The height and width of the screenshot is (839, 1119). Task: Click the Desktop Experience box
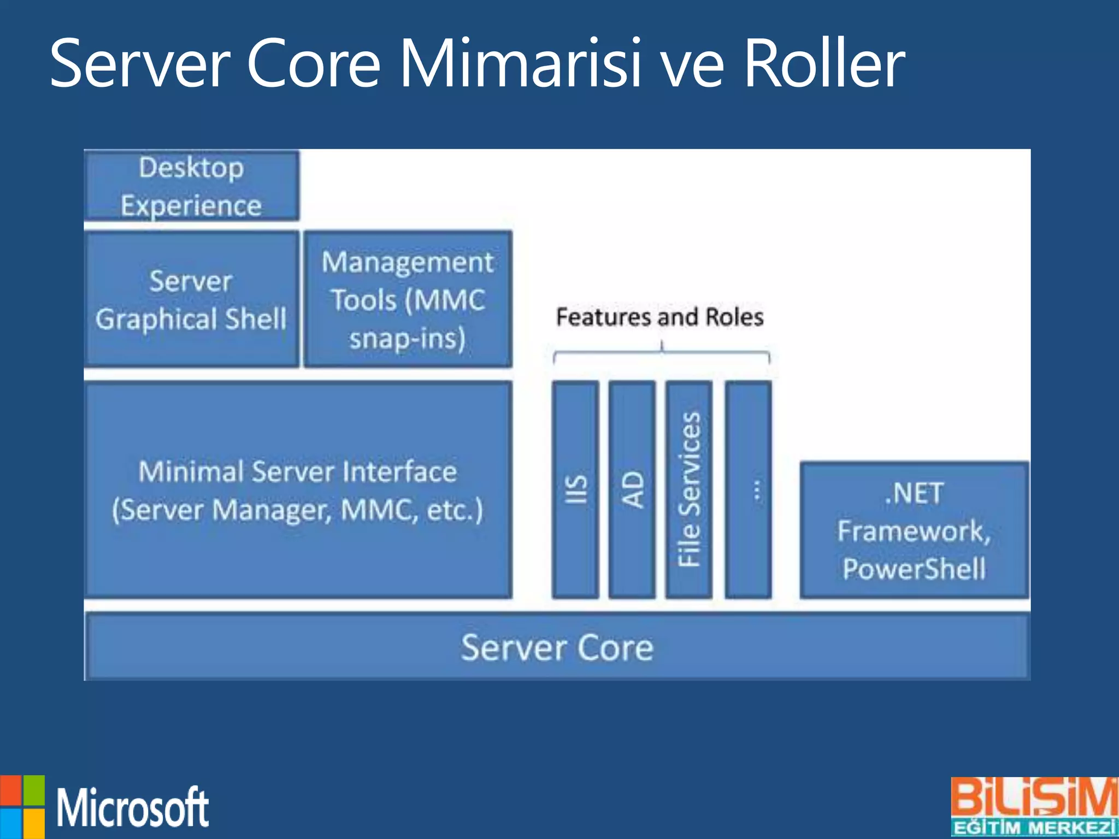click(191, 186)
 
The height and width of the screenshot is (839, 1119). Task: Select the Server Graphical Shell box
click(191, 299)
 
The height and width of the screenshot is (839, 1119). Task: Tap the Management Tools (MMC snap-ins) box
click(408, 299)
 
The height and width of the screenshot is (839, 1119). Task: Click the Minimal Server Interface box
click(298, 489)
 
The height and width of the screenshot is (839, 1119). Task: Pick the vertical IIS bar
click(575, 489)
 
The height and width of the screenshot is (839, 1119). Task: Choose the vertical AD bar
click(632, 489)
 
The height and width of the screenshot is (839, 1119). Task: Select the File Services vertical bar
click(689, 489)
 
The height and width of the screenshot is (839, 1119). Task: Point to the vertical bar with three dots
click(749, 489)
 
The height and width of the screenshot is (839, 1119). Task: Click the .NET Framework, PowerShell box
click(914, 530)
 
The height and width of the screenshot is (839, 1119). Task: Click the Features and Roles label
click(659, 317)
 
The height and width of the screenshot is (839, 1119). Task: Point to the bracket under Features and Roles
click(662, 355)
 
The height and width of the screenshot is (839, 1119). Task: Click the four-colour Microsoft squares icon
click(22, 807)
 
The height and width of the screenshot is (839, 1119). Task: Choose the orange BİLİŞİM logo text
click(1034, 797)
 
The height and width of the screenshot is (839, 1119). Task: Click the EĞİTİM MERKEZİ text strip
click(1034, 827)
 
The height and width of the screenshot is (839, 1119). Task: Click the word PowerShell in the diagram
click(914, 569)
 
